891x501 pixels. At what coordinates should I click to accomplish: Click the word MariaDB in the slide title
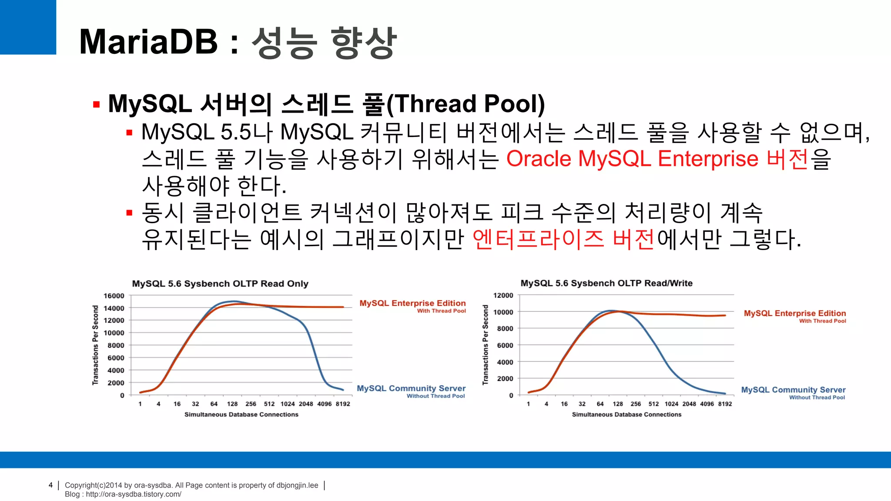(148, 42)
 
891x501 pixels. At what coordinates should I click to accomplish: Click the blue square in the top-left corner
(28, 27)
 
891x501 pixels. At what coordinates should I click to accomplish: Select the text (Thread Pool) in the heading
(465, 104)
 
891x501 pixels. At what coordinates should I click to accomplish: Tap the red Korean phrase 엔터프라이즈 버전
(563, 240)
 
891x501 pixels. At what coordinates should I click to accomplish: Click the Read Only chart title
(220, 284)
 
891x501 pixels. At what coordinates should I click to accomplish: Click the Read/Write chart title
(606, 283)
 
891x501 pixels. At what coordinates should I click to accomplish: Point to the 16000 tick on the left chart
(114, 296)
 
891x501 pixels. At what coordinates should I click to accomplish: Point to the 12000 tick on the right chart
(503, 295)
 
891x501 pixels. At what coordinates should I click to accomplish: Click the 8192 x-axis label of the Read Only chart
(343, 404)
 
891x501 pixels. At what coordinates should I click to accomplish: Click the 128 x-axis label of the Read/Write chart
(618, 404)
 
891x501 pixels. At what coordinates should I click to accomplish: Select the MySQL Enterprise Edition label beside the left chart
(412, 303)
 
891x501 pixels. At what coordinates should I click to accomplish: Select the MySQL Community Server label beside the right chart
(793, 390)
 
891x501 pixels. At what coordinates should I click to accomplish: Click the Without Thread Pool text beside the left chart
(435, 396)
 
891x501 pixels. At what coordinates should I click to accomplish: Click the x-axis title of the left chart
(241, 414)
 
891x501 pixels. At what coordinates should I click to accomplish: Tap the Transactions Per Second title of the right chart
(486, 344)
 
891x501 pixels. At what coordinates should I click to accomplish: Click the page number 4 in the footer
(51, 485)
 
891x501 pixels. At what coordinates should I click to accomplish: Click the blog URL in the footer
(133, 494)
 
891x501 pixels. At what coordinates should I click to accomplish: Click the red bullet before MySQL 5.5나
(129, 133)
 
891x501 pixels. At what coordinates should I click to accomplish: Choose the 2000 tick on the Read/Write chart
(505, 378)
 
